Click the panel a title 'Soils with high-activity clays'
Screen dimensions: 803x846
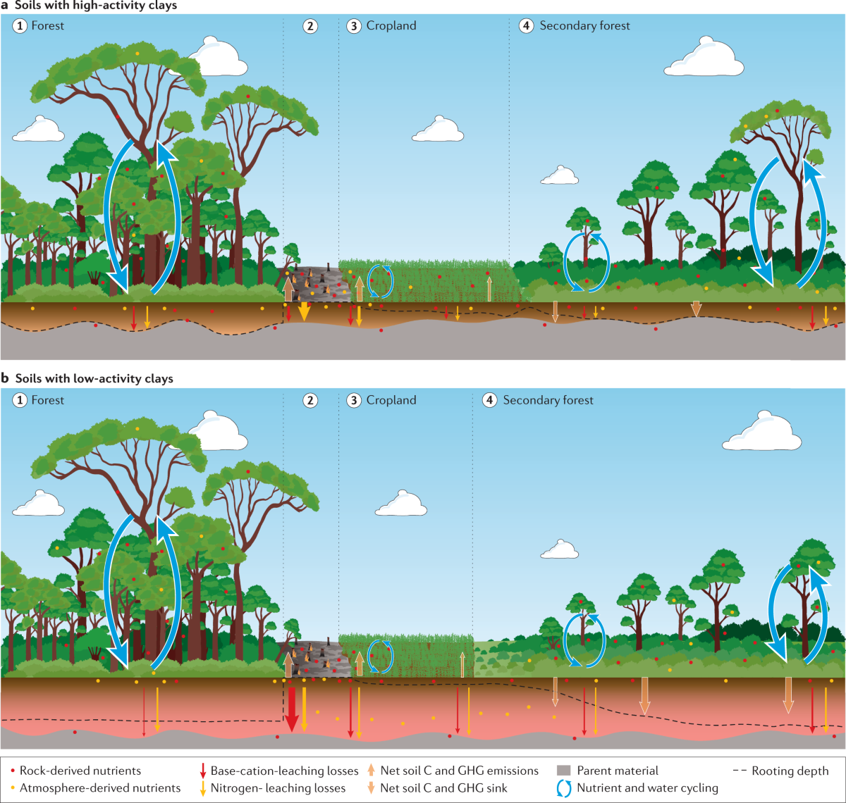point(96,6)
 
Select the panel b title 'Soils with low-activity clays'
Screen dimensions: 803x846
point(94,379)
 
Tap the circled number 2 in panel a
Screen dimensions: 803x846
point(311,26)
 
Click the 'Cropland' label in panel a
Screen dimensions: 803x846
point(391,26)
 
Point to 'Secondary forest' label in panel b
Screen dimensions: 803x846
point(548,400)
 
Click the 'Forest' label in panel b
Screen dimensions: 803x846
point(48,400)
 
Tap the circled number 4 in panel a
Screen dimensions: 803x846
point(526,26)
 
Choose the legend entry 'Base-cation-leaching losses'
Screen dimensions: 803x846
point(284,771)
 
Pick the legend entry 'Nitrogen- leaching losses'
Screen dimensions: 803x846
point(278,788)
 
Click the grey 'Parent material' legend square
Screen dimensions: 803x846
point(563,771)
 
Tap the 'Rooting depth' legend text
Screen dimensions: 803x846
point(790,771)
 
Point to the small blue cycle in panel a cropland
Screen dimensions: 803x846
point(381,280)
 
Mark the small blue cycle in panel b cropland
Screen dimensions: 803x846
point(381,656)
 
